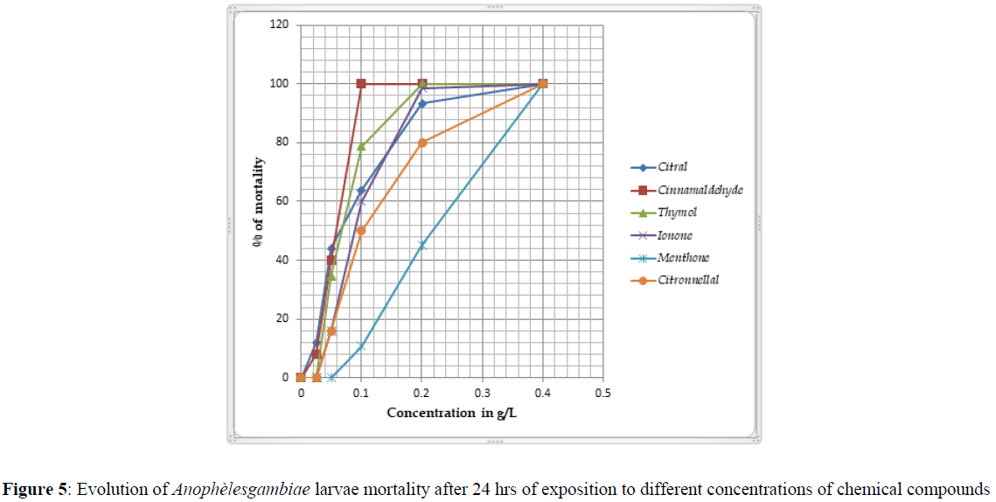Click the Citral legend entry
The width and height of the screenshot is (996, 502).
pyautogui.click(x=673, y=167)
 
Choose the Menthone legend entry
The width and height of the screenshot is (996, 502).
pyautogui.click(x=683, y=258)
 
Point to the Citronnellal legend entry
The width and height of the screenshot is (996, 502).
pyautogui.click(x=688, y=281)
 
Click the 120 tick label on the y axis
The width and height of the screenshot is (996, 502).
pyautogui.click(x=280, y=24)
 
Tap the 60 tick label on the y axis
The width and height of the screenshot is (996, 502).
pyautogui.click(x=282, y=201)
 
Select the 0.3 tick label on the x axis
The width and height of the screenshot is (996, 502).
pyautogui.click(x=482, y=393)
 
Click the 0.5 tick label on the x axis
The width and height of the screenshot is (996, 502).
pyautogui.click(x=602, y=393)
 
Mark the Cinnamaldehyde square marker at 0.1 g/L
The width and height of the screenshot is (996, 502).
pyautogui.click(x=361, y=84)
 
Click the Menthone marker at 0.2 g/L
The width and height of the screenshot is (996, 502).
pyautogui.click(x=421, y=246)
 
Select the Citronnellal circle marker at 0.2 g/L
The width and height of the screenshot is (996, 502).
pyautogui.click(x=422, y=143)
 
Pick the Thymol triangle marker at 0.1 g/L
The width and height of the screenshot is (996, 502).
pyautogui.click(x=361, y=146)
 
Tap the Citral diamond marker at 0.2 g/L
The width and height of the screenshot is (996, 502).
pyautogui.click(x=422, y=103)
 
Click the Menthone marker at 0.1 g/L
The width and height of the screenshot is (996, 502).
pyautogui.click(x=361, y=347)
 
